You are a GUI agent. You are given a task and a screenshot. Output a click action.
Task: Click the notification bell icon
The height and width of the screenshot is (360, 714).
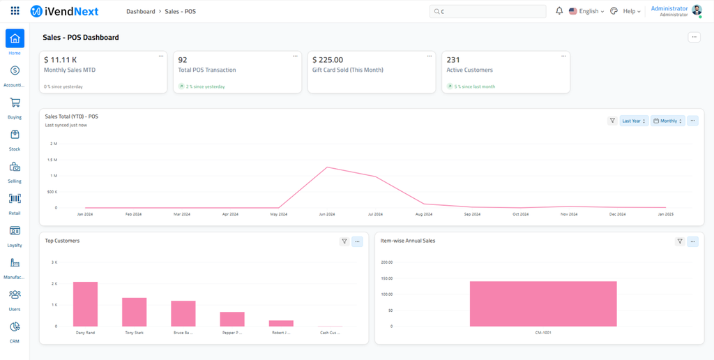pos(559,11)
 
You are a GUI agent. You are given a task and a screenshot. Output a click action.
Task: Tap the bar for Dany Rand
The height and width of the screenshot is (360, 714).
pos(85,304)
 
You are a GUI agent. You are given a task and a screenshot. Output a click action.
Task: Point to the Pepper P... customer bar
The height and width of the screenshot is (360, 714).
pos(232,319)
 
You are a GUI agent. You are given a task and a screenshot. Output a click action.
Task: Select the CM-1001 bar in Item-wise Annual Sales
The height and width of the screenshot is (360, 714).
pos(543,303)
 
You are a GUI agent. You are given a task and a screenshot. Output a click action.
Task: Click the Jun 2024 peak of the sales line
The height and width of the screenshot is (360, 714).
pos(327,167)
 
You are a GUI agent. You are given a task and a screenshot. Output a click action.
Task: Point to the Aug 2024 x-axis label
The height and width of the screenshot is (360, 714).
pos(423,214)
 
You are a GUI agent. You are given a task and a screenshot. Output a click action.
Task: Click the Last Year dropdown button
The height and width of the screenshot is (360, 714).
pos(634,121)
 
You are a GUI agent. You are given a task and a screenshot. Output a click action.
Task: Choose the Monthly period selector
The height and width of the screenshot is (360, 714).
pos(668,121)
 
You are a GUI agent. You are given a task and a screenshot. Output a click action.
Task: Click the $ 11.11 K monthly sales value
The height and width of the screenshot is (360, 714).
pos(61,60)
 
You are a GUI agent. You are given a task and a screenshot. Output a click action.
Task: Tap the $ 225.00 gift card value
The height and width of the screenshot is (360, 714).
pos(328,60)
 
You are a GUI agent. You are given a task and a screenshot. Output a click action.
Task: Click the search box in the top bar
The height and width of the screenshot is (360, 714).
pos(488,11)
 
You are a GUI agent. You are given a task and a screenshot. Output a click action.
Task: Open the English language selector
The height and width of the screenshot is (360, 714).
pos(586,11)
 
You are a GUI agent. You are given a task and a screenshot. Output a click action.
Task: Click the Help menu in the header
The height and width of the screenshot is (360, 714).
pos(631,11)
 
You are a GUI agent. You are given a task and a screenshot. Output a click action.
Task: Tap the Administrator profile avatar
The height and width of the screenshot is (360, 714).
pos(697,10)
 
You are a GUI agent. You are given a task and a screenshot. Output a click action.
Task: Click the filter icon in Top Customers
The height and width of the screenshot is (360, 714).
pos(344,241)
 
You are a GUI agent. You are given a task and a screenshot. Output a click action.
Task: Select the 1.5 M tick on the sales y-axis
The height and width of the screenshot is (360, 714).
pos(53,160)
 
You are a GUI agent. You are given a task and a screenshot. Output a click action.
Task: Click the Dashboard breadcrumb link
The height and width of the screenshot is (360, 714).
pos(141,11)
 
